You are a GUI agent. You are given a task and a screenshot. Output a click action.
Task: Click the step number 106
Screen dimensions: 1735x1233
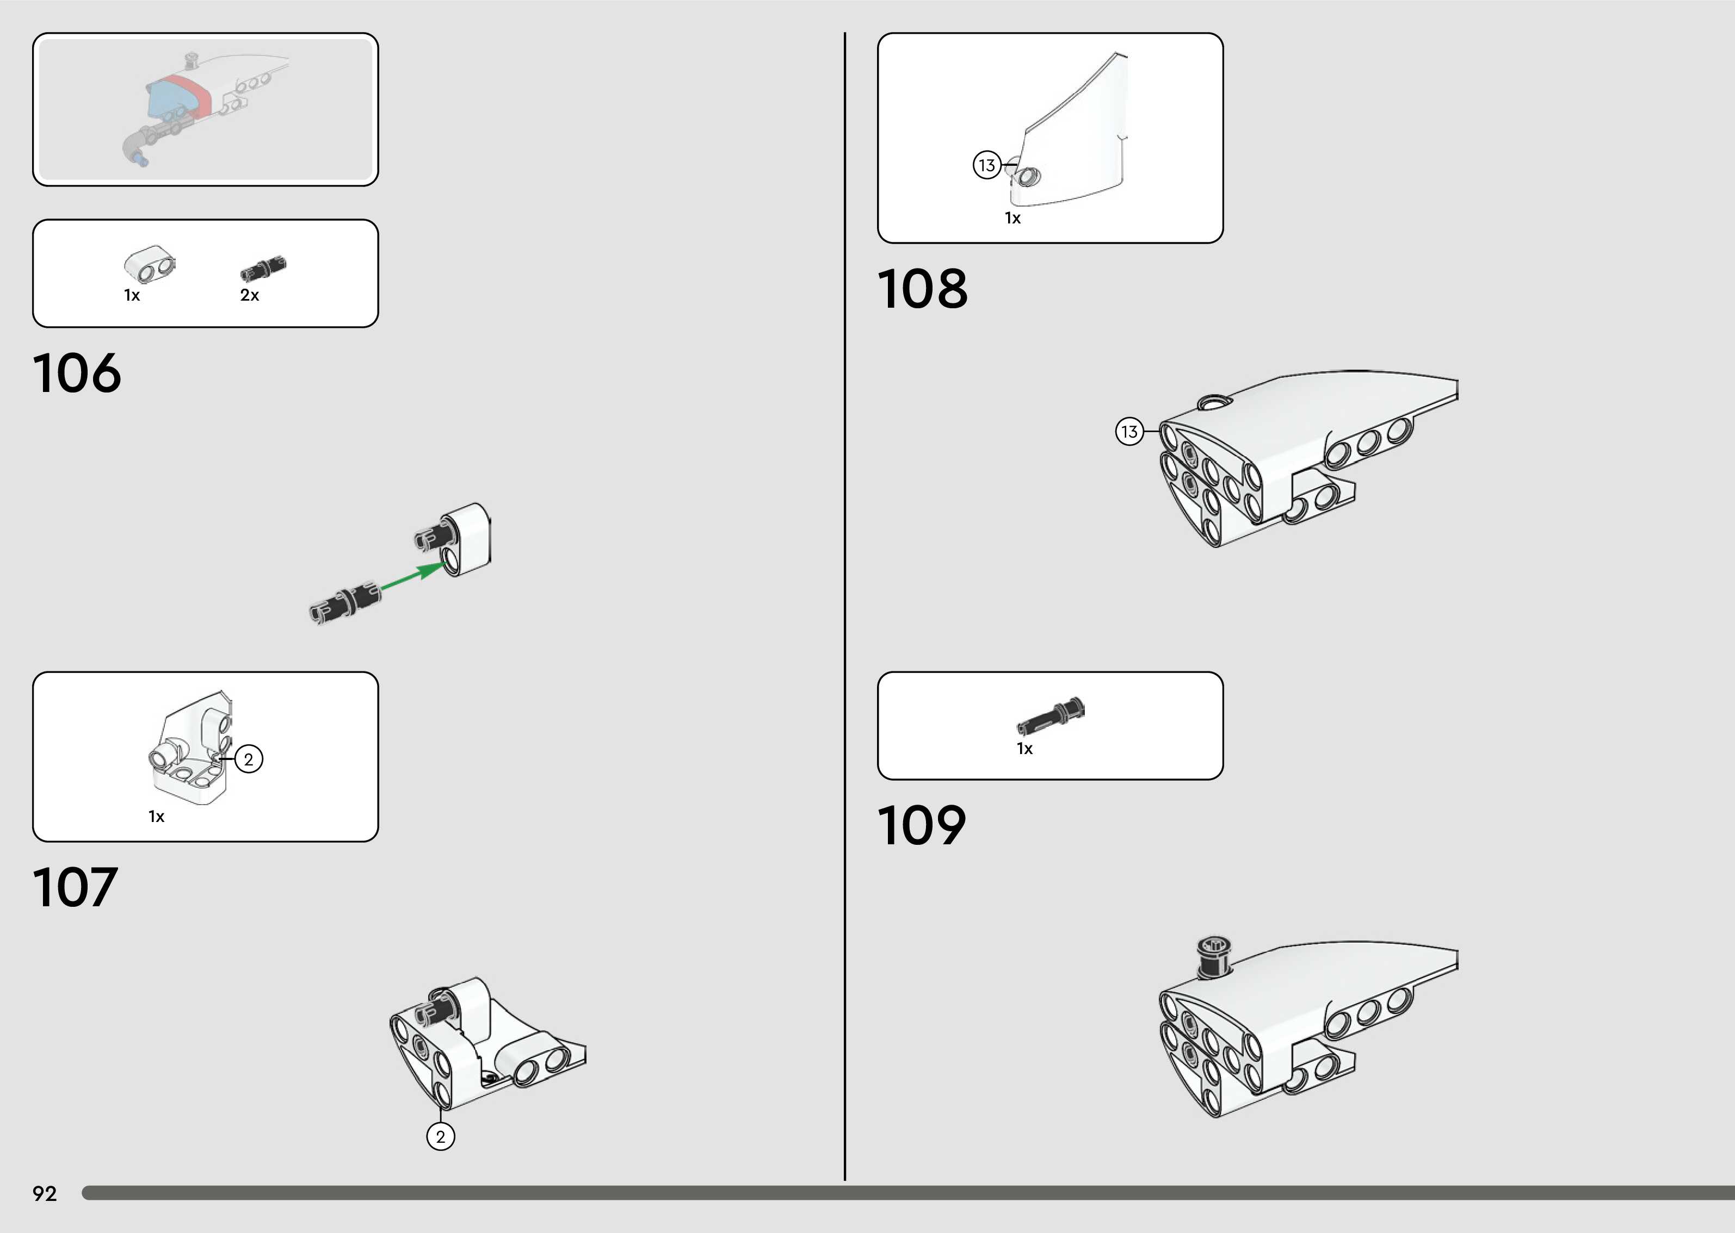coord(77,373)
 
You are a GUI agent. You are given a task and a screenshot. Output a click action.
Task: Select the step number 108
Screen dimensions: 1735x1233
coord(922,289)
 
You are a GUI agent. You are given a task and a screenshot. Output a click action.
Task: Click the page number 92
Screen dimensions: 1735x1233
coord(45,1193)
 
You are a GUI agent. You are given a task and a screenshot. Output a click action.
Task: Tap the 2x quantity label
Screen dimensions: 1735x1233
coord(249,295)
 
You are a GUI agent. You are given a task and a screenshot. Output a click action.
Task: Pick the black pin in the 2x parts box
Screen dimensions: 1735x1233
coord(263,268)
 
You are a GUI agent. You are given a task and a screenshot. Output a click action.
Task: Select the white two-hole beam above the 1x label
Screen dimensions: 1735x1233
coord(150,264)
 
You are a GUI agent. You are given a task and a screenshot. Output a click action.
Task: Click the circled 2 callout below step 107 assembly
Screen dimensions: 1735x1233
coord(441,1137)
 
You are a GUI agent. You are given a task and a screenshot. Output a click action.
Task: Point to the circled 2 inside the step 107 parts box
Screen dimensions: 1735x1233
coord(249,759)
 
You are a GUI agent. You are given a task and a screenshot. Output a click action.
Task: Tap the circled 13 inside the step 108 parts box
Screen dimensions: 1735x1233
coord(987,165)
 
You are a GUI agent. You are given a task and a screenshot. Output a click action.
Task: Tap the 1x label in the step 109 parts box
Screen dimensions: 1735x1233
coord(1025,749)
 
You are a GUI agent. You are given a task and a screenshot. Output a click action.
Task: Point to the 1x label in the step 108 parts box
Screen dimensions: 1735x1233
coord(1012,219)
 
